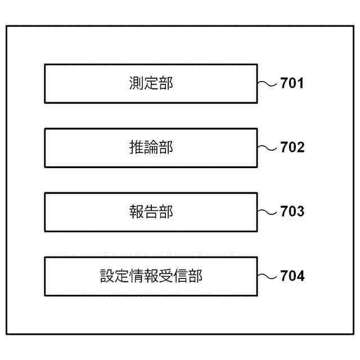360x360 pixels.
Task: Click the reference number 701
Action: tap(292, 84)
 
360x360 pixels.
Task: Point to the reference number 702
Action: tap(292, 148)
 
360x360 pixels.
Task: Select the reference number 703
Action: tap(292, 212)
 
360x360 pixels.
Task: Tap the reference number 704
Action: tap(292, 276)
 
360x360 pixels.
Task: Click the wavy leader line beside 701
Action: tap(267, 84)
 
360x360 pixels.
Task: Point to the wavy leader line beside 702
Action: tap(267, 148)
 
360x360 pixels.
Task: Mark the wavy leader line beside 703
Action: tap(267, 212)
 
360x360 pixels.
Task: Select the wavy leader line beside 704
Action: tap(267, 276)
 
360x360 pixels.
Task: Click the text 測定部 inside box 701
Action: tap(151, 84)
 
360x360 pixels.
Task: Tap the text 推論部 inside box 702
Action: tap(151, 148)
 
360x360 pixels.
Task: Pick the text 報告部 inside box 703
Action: tap(151, 212)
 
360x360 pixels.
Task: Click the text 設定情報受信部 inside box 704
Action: tap(151, 276)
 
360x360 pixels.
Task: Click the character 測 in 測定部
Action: tap(136, 84)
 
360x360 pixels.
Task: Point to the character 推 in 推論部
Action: tap(136, 148)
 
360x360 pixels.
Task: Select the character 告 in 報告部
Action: tap(151, 212)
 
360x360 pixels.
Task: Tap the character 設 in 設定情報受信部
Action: tap(107, 276)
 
